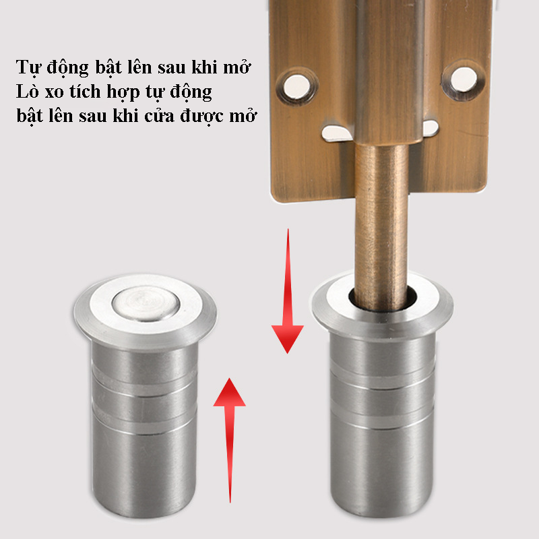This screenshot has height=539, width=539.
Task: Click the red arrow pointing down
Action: click(288, 291)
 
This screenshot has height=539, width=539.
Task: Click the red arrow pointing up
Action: click(230, 441)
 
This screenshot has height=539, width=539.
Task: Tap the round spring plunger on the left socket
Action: click(146, 304)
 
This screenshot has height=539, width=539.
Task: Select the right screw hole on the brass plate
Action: click(464, 80)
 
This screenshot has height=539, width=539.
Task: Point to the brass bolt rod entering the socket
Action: click(381, 227)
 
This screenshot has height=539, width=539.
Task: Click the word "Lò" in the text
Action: click(28, 92)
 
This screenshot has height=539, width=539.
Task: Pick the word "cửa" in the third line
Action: click(159, 116)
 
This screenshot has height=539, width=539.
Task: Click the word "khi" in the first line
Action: click(204, 67)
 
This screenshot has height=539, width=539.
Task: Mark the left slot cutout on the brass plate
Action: click(337, 133)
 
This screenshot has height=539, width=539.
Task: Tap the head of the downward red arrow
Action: click(288, 339)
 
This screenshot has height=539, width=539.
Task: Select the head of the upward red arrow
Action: click(230, 392)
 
